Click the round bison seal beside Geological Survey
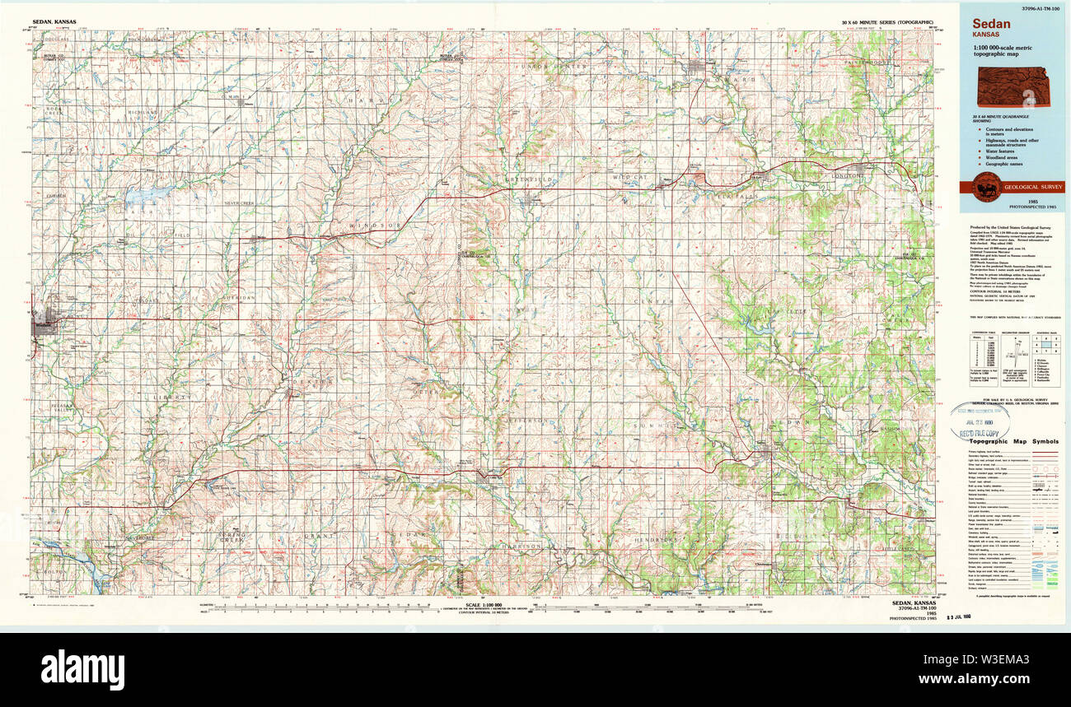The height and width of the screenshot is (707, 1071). point(986,187)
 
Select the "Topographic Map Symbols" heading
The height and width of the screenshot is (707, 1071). point(1013,441)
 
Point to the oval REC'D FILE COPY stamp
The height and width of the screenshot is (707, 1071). point(980,421)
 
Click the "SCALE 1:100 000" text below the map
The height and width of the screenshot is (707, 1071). point(484,605)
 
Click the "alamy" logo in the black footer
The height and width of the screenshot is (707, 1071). point(82,669)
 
